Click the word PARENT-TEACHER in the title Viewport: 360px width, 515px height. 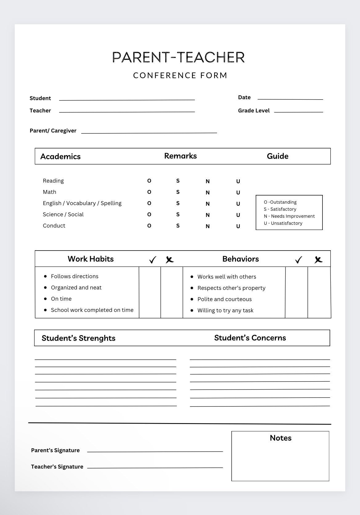click(x=178, y=57)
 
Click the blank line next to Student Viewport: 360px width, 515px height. click(x=127, y=99)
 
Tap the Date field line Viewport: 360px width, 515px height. click(x=290, y=98)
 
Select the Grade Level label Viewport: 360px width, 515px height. click(x=254, y=110)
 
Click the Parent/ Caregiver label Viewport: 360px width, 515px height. click(x=53, y=131)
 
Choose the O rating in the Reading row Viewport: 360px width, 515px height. click(x=149, y=181)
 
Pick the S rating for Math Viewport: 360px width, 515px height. click(x=178, y=192)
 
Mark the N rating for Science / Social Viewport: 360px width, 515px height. click(x=208, y=215)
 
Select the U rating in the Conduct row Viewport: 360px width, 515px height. click(x=238, y=226)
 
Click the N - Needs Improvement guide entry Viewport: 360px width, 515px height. click(x=289, y=216)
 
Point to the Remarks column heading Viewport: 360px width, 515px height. click(x=180, y=156)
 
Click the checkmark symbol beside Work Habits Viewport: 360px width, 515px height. click(x=153, y=260)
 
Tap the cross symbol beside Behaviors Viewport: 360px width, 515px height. click(x=318, y=260)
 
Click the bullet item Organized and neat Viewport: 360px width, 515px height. click(x=76, y=287)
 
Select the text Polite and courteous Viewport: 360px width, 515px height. click(x=224, y=299)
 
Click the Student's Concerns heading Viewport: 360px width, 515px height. click(x=250, y=338)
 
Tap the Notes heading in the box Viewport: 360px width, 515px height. click(x=280, y=438)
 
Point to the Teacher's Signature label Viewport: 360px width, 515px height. click(x=57, y=466)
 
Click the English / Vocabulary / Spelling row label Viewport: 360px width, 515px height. click(x=82, y=203)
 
